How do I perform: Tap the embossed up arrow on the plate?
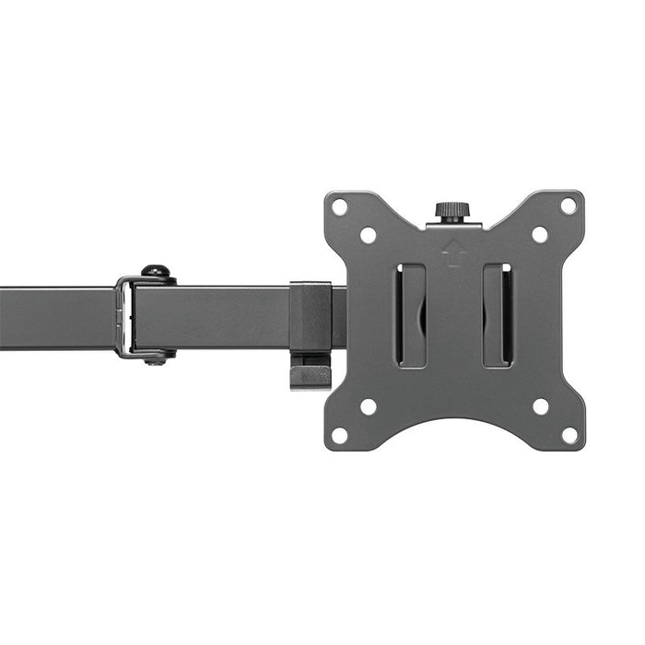click(x=452, y=252)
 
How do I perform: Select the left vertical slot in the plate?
click(x=411, y=315)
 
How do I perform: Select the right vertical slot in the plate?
click(x=497, y=315)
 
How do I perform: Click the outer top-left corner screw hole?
click(x=340, y=206)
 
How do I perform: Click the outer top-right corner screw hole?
click(x=569, y=206)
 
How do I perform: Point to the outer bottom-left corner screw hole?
click(x=340, y=435)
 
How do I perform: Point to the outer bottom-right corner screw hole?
click(x=569, y=435)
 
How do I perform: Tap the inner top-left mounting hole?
click(x=368, y=235)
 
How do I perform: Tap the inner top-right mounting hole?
click(x=540, y=235)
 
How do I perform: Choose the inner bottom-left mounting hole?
click(x=368, y=406)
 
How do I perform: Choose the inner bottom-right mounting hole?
click(x=540, y=406)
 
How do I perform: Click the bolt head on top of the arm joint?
click(x=157, y=273)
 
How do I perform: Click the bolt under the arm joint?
click(x=156, y=358)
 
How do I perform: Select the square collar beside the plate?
click(x=310, y=316)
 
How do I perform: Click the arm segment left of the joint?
click(x=55, y=318)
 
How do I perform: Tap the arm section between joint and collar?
click(x=221, y=316)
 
